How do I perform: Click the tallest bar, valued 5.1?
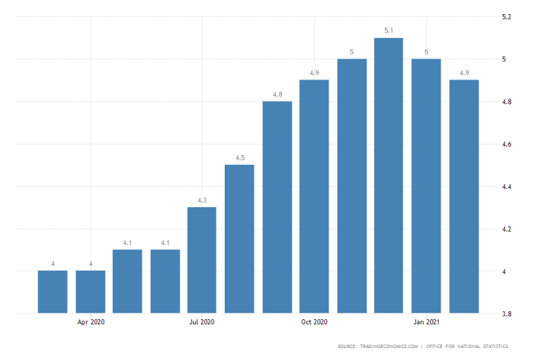coord(389,175)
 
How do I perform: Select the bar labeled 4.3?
coord(202,260)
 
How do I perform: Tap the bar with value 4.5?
coord(240,238)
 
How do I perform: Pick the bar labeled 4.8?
coord(277,207)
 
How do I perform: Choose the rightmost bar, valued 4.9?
coord(464,196)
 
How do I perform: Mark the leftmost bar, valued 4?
coord(53,292)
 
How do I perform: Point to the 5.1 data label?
coord(389,30)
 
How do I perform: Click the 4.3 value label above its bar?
coord(202,200)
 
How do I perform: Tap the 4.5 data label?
coord(240,157)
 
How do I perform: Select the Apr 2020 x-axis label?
coord(90,322)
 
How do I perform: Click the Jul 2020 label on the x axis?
coord(202,322)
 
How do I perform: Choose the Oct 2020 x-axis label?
coord(315,322)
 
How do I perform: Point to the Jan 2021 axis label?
coord(427,322)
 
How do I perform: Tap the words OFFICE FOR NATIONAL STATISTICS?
coord(479,347)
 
